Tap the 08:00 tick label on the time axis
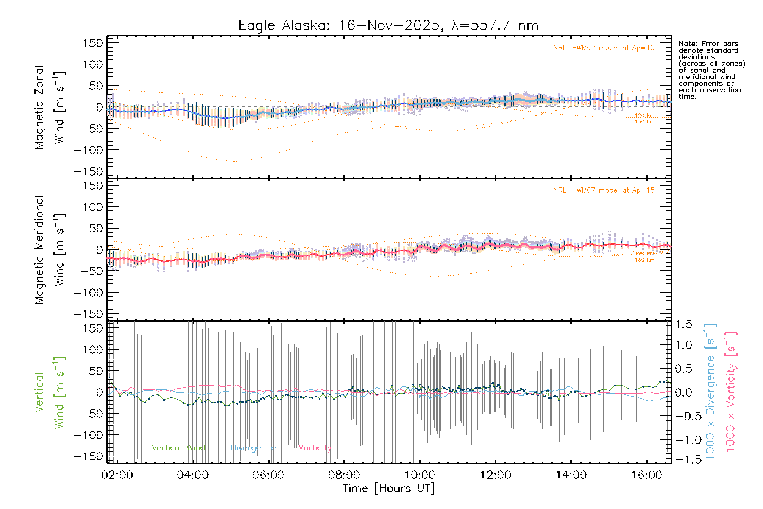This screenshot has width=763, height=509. (344, 475)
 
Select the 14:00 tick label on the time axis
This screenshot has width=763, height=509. (571, 475)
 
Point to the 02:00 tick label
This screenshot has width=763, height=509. (117, 475)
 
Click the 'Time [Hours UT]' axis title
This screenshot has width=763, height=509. (388, 489)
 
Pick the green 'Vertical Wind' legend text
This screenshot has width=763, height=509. (178, 448)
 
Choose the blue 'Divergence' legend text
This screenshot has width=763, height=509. (253, 448)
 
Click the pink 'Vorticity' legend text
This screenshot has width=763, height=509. (315, 448)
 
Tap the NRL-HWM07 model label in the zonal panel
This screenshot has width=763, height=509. (604, 48)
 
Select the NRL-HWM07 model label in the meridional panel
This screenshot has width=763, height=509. (604, 190)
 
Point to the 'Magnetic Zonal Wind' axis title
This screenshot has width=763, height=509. (50, 107)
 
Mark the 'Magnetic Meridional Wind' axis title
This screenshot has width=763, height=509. (50, 249)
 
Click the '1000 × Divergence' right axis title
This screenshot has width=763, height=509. (710, 392)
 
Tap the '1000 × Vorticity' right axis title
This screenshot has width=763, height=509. (731, 392)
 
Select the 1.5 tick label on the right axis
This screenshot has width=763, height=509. (683, 324)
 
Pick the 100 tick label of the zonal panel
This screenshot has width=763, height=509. (93, 64)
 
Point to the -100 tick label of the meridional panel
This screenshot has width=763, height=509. (88, 293)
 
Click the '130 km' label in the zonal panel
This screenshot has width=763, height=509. (644, 122)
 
